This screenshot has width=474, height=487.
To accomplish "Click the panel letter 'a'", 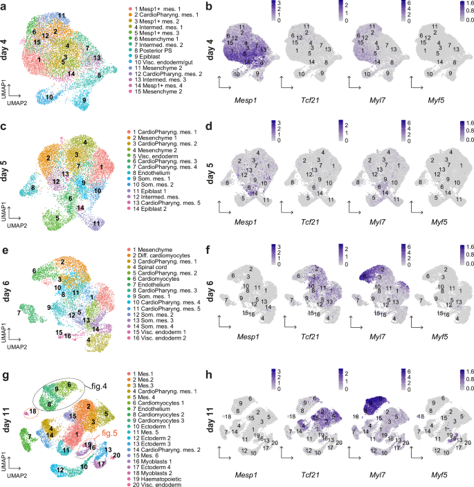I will click(3, 7).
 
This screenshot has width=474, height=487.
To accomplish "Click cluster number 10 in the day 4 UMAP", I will click(49, 98).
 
